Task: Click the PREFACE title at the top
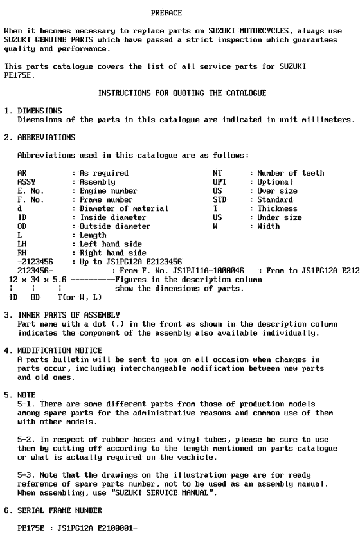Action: point(166,13)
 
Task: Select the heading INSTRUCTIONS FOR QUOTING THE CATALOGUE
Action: point(182,93)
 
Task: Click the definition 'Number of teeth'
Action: point(291,173)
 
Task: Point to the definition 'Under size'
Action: point(280,217)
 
